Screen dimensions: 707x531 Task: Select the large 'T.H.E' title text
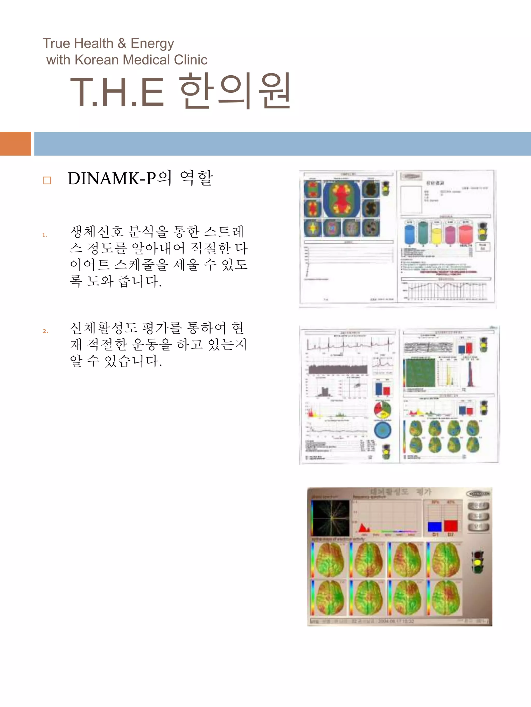pos(117,93)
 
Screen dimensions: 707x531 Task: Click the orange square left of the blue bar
pos(15,144)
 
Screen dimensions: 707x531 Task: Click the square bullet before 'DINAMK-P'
pos(47,181)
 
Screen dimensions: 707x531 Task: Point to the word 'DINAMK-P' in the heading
pos(112,178)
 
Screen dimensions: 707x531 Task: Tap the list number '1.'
pos(45,235)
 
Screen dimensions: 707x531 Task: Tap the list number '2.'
pos(45,331)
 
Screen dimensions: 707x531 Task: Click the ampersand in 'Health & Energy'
pos(122,43)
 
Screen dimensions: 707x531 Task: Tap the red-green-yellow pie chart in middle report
pos(382,410)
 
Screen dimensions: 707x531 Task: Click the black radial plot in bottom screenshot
pos(331,518)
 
